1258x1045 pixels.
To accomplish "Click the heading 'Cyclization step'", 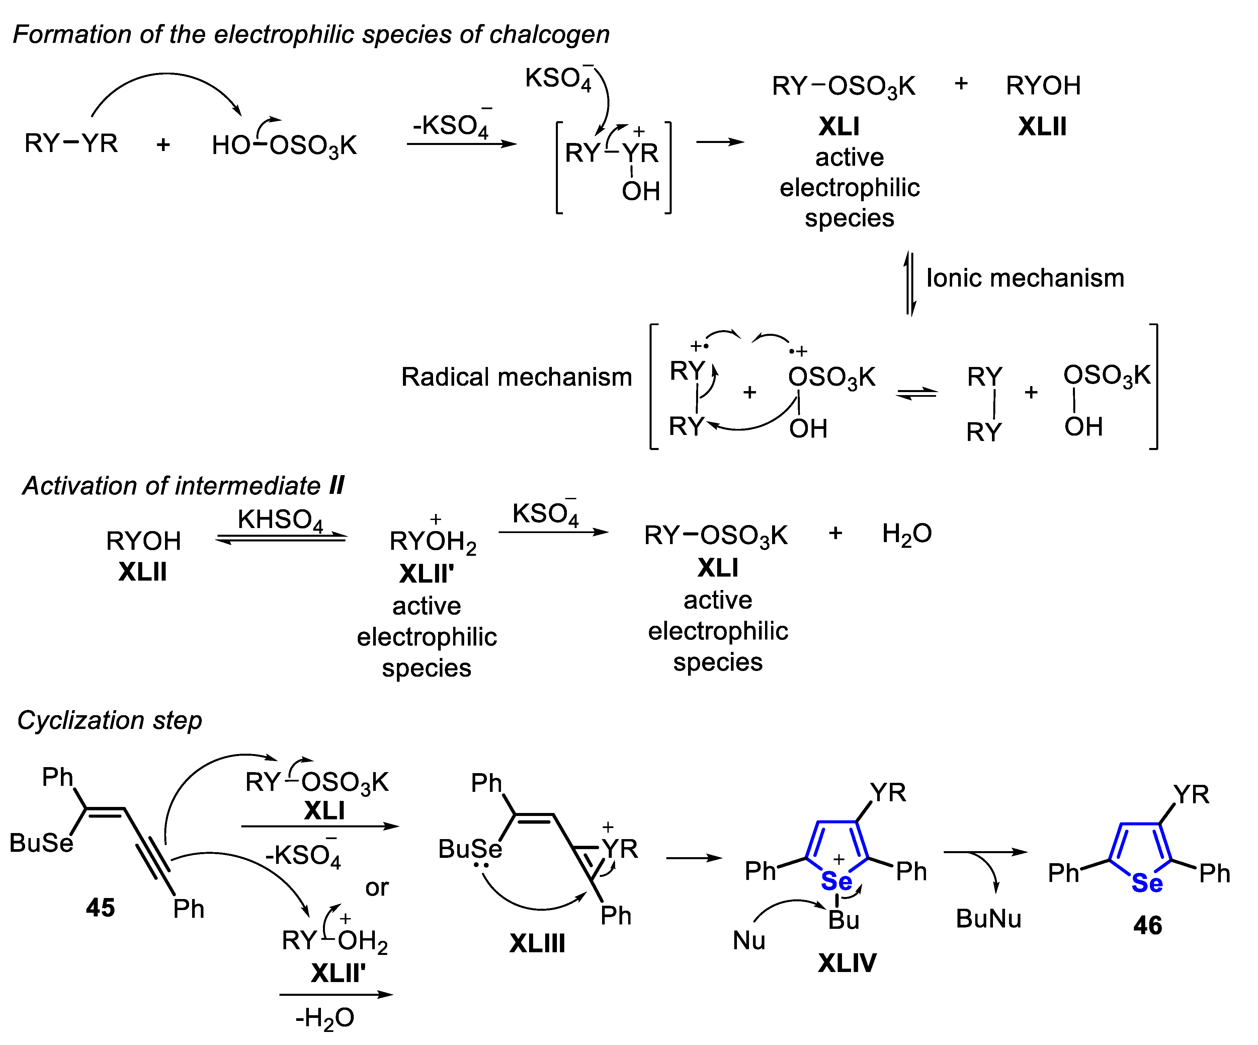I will pyautogui.click(x=110, y=720).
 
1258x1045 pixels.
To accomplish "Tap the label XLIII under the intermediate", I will pyautogui.click(x=537, y=944).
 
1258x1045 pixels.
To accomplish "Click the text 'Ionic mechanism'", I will pyautogui.click(x=1025, y=278).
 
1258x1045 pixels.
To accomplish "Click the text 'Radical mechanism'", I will pyautogui.click(x=516, y=377).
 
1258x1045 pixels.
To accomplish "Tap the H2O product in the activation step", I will pyautogui.click(x=906, y=533).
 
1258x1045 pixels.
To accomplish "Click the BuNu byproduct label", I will pyautogui.click(x=989, y=918).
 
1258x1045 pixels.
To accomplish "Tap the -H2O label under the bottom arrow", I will pyautogui.click(x=325, y=1018).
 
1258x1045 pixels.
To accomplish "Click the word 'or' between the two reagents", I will pyautogui.click(x=377, y=887).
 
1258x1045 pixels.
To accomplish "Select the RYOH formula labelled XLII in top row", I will pyautogui.click(x=1043, y=86).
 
